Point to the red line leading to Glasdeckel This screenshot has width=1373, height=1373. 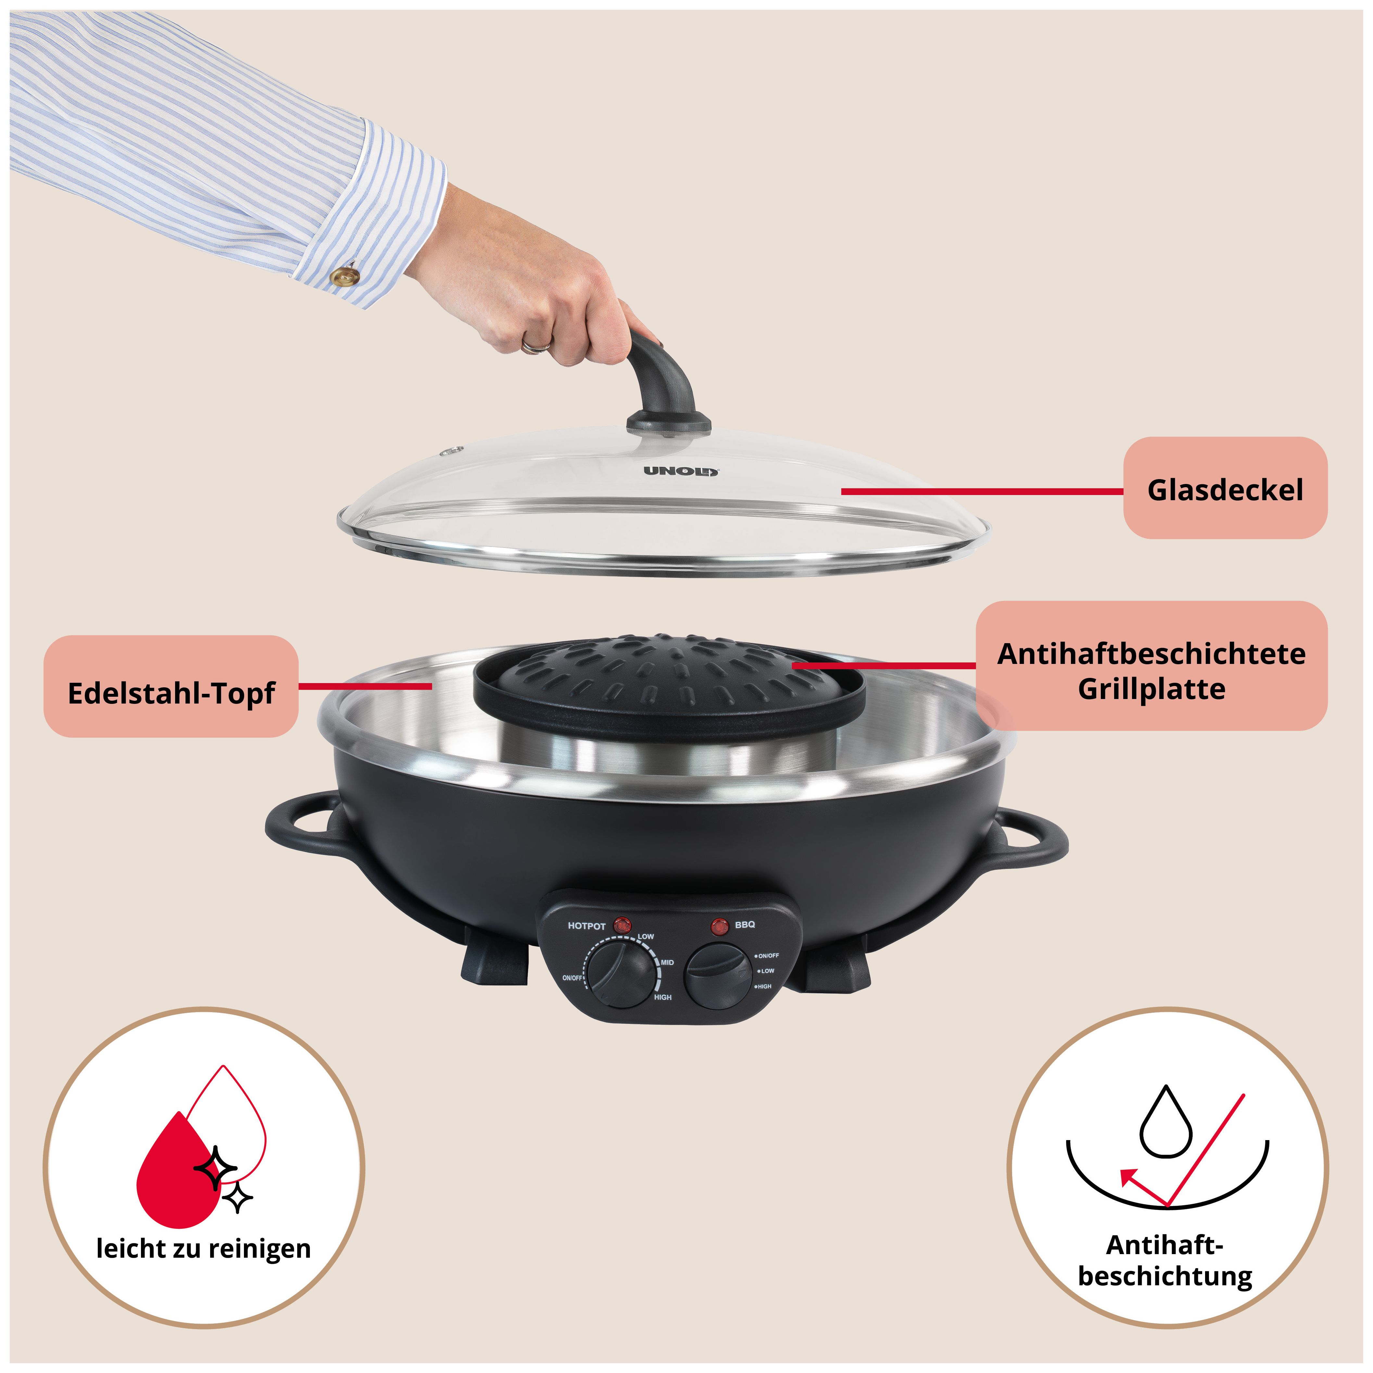coord(982,491)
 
